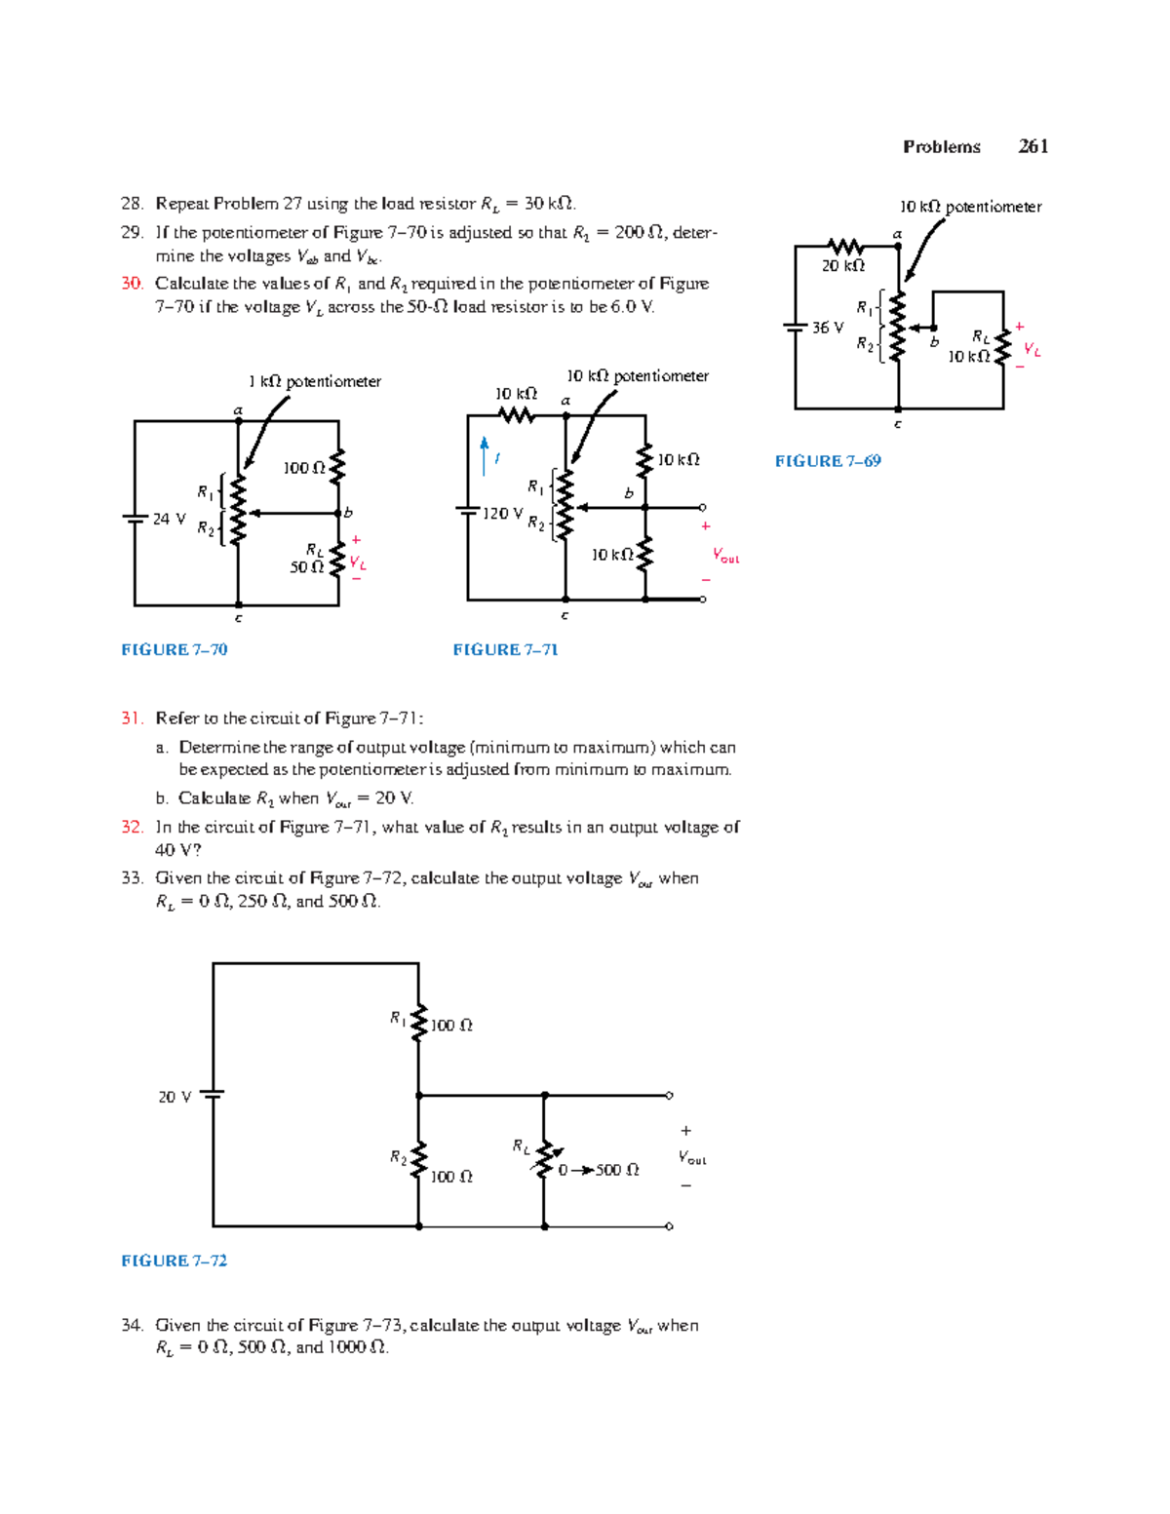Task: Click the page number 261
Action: [1033, 146]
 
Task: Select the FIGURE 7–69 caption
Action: [828, 461]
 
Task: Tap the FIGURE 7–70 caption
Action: [174, 649]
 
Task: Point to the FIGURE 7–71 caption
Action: [505, 649]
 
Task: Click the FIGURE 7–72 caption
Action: [174, 1261]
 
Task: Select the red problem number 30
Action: [132, 284]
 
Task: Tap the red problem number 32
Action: [132, 827]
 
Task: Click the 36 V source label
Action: [828, 328]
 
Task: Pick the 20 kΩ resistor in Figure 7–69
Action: [844, 247]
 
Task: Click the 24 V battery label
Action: [169, 519]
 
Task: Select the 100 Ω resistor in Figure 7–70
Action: [337, 468]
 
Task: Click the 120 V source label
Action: [503, 513]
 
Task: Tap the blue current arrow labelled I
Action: [485, 456]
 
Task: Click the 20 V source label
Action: [175, 1097]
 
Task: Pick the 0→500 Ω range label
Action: [599, 1170]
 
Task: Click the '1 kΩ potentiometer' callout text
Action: [314, 381]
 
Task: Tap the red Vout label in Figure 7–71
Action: [725, 556]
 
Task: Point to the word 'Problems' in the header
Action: [941, 146]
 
